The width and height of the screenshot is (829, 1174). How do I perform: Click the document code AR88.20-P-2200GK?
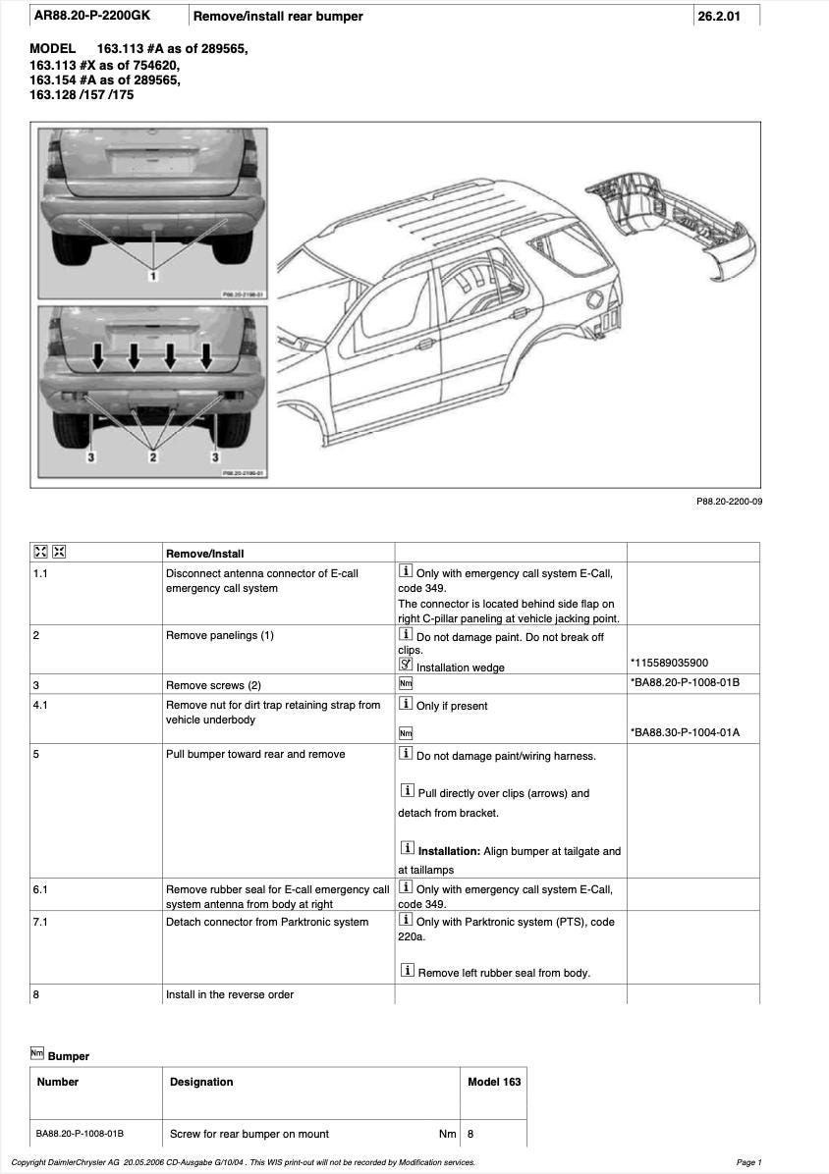[x=93, y=16]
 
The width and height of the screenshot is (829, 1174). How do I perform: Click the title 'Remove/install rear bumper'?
[x=278, y=16]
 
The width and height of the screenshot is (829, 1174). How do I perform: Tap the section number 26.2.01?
[x=717, y=16]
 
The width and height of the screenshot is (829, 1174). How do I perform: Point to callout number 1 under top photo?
[x=153, y=278]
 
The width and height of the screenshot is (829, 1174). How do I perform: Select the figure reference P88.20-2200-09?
[x=729, y=502]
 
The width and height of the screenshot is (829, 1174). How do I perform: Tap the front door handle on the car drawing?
[x=425, y=345]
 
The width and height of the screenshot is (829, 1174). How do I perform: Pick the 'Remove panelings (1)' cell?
[x=220, y=635]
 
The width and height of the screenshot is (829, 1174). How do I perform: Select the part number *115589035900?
[x=669, y=663]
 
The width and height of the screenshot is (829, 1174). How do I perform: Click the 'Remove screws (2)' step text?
[x=213, y=685]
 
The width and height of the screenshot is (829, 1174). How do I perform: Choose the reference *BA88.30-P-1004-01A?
[x=685, y=732]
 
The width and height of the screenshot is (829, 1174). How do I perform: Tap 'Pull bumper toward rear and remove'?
[x=255, y=754]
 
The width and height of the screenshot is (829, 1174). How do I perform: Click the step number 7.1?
[x=41, y=922]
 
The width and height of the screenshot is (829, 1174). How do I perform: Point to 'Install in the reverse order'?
[x=230, y=994]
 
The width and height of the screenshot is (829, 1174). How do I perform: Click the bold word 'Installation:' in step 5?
[x=449, y=851]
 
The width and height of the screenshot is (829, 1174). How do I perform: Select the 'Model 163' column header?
[x=494, y=1082]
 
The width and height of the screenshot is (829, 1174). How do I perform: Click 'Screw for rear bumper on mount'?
[x=249, y=1134]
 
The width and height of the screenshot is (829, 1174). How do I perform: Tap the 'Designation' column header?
[x=201, y=1082]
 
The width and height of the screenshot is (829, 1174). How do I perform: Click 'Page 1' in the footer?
[x=747, y=1162]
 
